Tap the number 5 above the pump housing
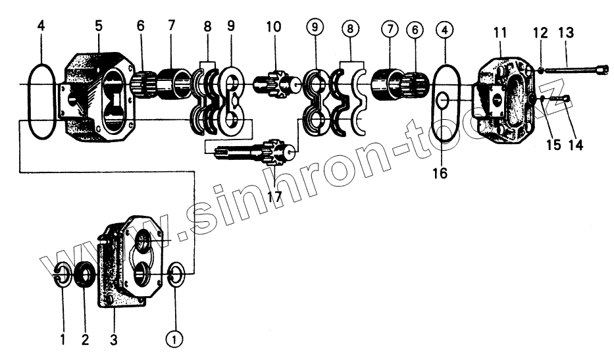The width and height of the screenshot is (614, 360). [98, 27]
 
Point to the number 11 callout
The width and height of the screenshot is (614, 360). [500, 32]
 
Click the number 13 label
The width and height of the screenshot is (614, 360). [566, 32]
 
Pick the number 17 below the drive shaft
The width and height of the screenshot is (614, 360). [274, 195]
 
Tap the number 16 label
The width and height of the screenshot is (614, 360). [440, 173]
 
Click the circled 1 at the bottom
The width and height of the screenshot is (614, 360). [174, 339]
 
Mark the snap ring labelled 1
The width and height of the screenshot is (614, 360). [61, 275]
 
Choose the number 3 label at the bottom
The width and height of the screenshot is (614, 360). [113, 340]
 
